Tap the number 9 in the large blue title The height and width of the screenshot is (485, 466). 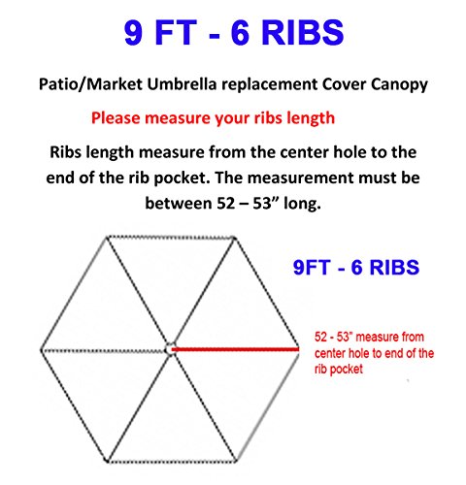point(134,32)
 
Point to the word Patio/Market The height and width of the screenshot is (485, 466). point(90,84)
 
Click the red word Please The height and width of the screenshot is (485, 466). point(116,118)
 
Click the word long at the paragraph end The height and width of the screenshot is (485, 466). point(302,204)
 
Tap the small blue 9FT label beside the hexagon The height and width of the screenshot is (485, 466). point(312,268)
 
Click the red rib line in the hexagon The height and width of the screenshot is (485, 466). point(235,349)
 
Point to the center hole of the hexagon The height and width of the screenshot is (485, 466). point(169,349)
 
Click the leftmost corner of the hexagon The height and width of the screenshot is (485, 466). point(41,350)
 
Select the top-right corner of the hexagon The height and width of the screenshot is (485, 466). point(235,239)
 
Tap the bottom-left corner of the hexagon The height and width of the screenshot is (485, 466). point(107,461)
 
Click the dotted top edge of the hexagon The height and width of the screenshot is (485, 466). point(171,238)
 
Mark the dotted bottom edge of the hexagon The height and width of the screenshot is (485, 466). point(172,462)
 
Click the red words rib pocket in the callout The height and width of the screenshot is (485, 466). point(339,370)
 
